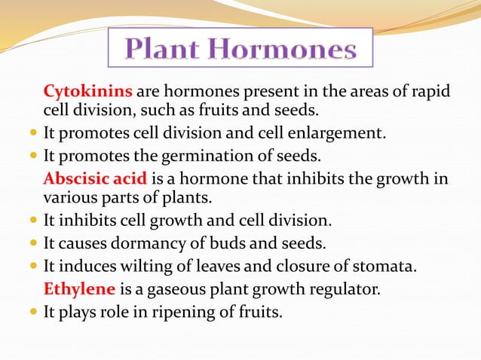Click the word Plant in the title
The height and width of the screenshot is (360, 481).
[165, 50]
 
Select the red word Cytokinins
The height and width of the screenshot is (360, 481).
[88, 92]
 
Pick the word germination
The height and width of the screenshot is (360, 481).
[186, 157]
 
